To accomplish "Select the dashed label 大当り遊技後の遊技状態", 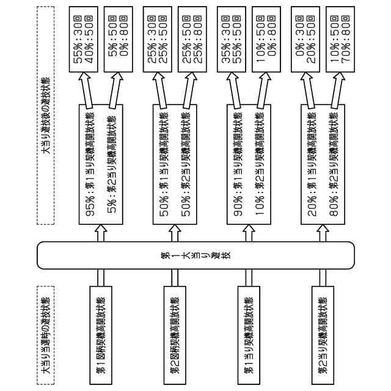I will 45,113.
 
